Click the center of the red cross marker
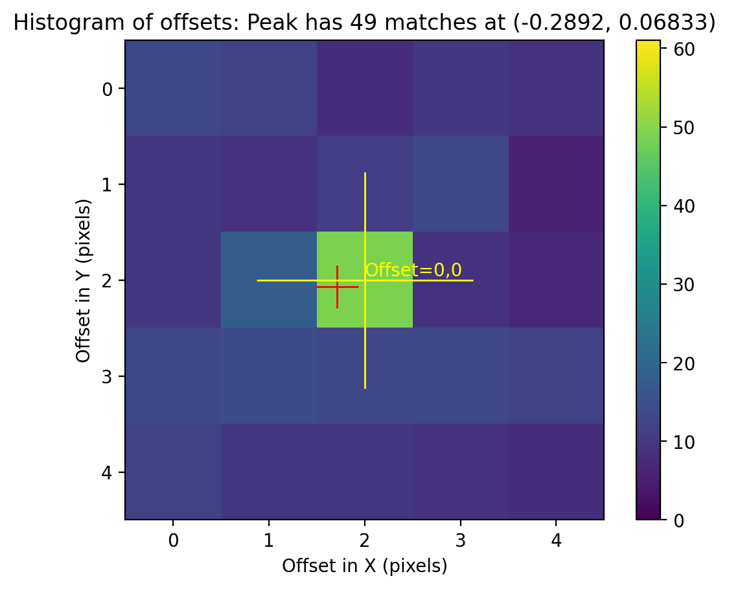click(x=337, y=287)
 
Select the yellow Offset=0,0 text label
click(x=413, y=270)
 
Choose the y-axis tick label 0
click(x=107, y=89)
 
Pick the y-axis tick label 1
click(x=107, y=185)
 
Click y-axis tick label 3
click(x=107, y=376)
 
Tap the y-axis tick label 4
click(x=107, y=472)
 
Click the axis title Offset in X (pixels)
click(x=364, y=566)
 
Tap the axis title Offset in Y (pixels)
click(x=83, y=280)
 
